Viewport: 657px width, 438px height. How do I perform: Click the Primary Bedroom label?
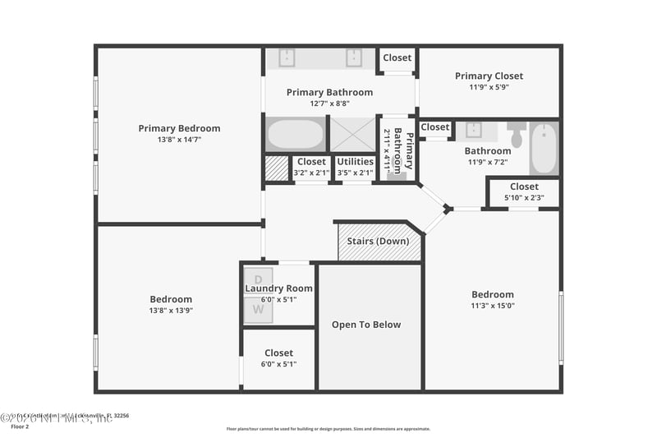(x=179, y=128)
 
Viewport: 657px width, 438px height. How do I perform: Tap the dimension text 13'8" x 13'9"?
(x=171, y=311)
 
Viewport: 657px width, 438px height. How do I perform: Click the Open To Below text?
(x=366, y=325)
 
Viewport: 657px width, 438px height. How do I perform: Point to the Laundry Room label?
(x=278, y=288)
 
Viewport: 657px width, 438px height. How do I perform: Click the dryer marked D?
(x=258, y=279)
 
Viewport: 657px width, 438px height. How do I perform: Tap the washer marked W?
(x=258, y=309)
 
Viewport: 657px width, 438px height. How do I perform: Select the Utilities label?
(x=356, y=162)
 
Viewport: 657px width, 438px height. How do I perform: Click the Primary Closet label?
(x=489, y=76)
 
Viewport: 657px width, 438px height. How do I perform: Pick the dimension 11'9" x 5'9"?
(x=489, y=87)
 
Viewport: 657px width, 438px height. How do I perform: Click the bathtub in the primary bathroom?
(x=295, y=135)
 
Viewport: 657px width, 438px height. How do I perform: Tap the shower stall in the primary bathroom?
(x=352, y=135)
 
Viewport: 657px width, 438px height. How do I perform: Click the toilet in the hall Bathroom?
(x=517, y=134)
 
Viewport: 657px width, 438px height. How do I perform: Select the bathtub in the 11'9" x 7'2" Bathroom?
(x=544, y=148)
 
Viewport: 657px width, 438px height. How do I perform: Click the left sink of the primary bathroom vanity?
(x=287, y=58)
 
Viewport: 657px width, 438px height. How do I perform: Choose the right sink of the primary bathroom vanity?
(x=354, y=58)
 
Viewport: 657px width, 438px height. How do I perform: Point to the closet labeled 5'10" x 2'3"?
(x=524, y=191)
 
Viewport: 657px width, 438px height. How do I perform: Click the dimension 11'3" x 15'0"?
(x=493, y=306)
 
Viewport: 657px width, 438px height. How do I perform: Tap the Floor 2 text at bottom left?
(x=19, y=426)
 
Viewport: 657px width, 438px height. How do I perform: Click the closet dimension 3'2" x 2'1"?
(x=311, y=173)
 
